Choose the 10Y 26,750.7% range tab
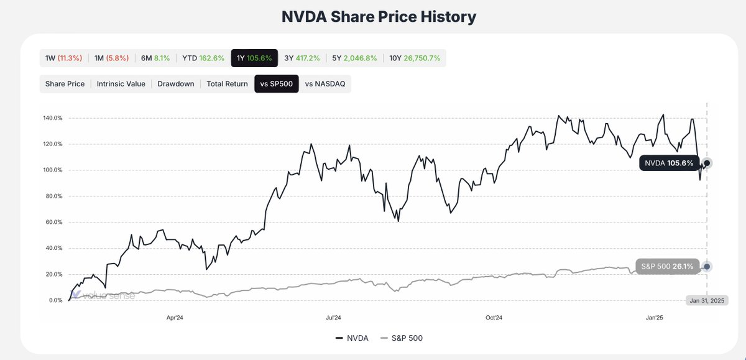pyautogui.click(x=415, y=58)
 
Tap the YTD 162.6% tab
pyautogui.click(x=203, y=58)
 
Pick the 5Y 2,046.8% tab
pyautogui.click(x=354, y=58)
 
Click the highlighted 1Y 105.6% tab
pyautogui.click(x=254, y=58)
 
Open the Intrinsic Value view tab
pyautogui.click(x=121, y=84)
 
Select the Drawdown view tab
pyautogui.click(x=175, y=84)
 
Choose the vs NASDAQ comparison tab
pyautogui.click(x=325, y=84)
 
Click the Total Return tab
pyautogui.click(x=227, y=84)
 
